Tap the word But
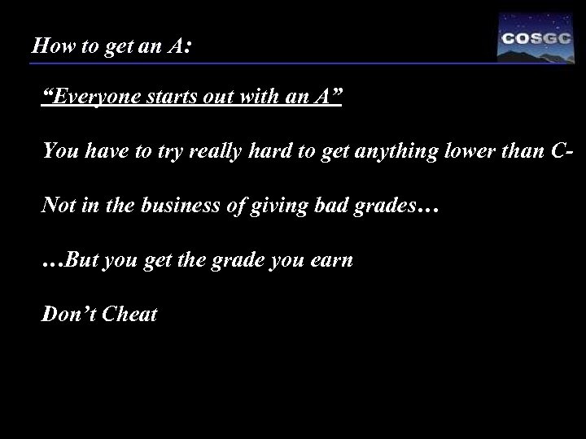click(x=80, y=261)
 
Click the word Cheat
click(x=129, y=314)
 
